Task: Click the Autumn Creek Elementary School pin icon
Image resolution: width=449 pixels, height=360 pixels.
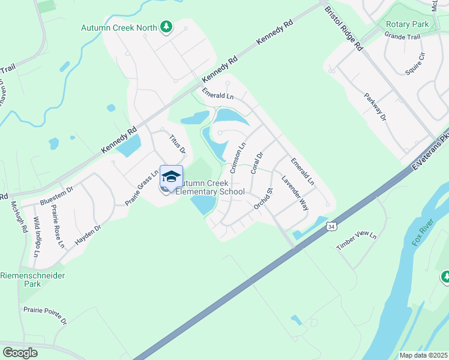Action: (x=171, y=176)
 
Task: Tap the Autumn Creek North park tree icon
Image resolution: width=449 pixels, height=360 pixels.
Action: (x=166, y=27)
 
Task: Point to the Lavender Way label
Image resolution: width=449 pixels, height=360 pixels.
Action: (x=295, y=193)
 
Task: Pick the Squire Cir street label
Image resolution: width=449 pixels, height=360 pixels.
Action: (x=415, y=63)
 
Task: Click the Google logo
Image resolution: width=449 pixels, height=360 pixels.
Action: (x=20, y=353)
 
